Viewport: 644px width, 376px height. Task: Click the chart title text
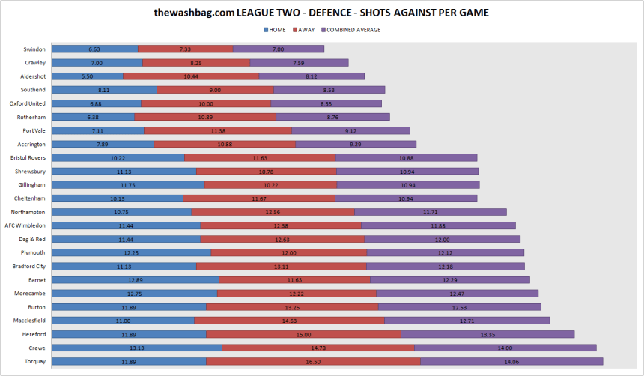pos(321,13)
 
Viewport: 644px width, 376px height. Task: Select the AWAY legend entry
pos(306,30)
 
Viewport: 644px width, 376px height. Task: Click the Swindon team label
pos(34,49)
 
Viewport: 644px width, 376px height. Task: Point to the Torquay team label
pos(34,361)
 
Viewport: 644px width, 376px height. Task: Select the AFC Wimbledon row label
pos(25,225)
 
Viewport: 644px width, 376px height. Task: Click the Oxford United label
pos(28,103)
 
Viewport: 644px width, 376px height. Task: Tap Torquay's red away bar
pos(313,361)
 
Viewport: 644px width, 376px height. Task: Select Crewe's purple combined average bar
pos(505,348)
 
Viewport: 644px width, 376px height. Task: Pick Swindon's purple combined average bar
pos(278,49)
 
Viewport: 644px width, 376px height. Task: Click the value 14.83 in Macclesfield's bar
pos(289,321)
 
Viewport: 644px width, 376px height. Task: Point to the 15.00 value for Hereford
pos(303,334)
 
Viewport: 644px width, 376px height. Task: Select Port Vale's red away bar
pos(217,130)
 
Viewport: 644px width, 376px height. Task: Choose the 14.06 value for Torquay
pos(511,361)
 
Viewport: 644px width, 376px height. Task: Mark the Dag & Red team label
pos(31,239)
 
